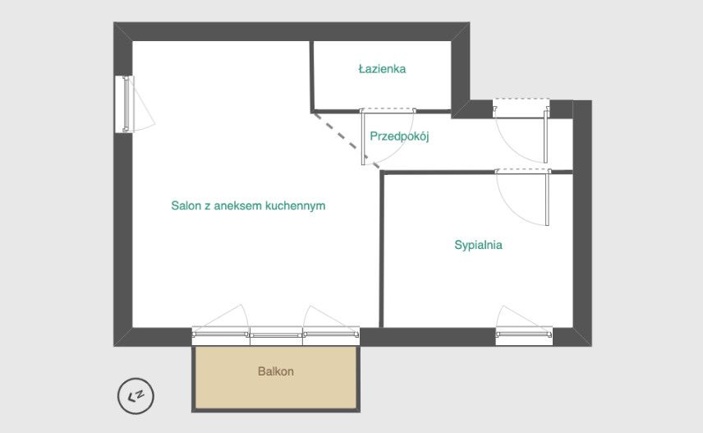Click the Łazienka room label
pyautogui.click(x=382, y=69)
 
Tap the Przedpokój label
pyautogui.click(x=399, y=136)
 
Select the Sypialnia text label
pyautogui.click(x=478, y=245)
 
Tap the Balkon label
pyautogui.click(x=276, y=371)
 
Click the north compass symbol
pyautogui.click(x=136, y=396)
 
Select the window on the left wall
pyautogui.click(x=125, y=104)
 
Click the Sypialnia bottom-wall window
pyautogui.click(x=524, y=336)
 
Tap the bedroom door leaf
pyautogui.click(x=548, y=198)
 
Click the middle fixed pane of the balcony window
pyautogui.click(x=276, y=336)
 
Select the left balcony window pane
pyautogui.click(x=221, y=336)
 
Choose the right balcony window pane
pyautogui.click(x=331, y=336)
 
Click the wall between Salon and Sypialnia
pyautogui.click(x=382, y=249)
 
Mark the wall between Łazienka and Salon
pyautogui.click(x=311, y=76)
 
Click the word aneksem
pyautogui.click(x=238, y=206)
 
